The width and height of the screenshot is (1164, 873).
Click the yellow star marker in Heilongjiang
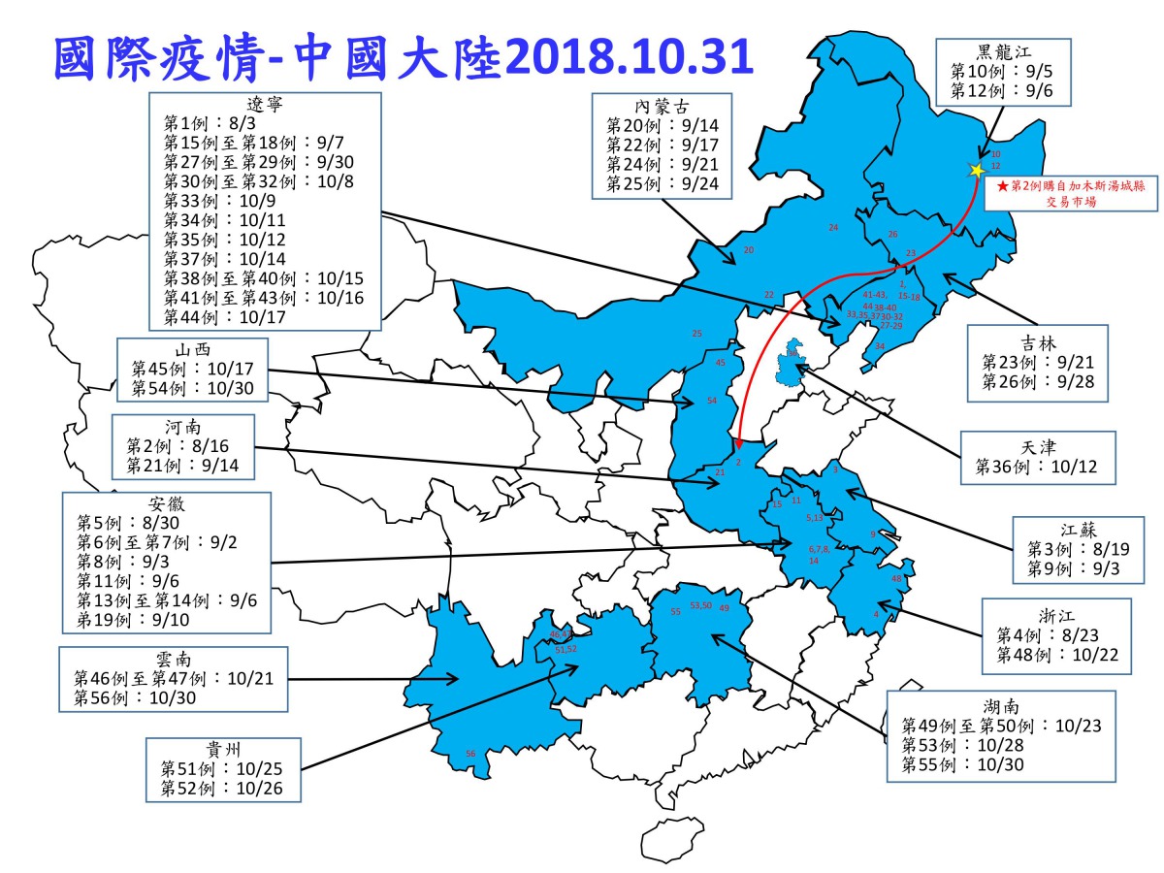[x=976, y=170]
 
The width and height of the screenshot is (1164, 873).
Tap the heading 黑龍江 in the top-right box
[x=1003, y=52]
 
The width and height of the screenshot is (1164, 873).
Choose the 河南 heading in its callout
[x=183, y=427]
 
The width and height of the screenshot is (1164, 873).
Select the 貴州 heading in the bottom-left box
[x=222, y=749]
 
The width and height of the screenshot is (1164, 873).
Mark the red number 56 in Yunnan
[x=471, y=754]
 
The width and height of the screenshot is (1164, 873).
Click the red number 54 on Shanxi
[x=711, y=400]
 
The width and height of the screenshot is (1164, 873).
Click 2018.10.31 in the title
[x=629, y=60]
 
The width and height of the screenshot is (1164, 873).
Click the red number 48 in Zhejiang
[x=896, y=578]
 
